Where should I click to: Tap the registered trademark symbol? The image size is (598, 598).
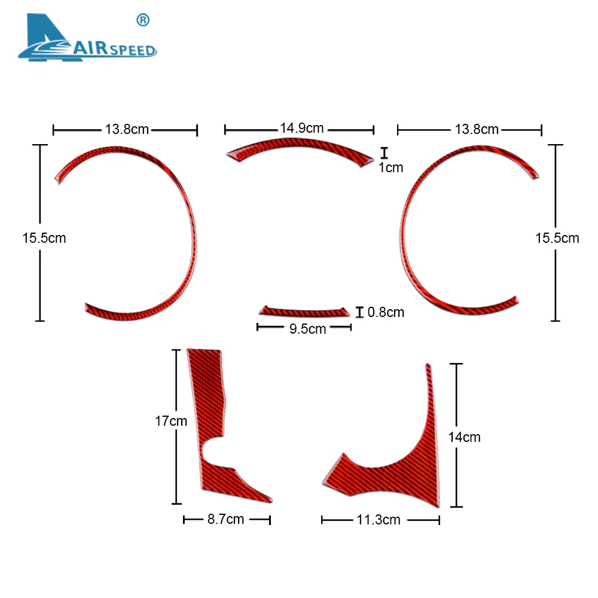tap(143, 20)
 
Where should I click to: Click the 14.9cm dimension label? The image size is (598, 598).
tap(301, 127)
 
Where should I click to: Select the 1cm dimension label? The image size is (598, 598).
tap(390, 168)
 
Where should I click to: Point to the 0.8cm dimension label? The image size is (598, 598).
tap(386, 312)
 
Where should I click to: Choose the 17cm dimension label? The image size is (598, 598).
tap(171, 421)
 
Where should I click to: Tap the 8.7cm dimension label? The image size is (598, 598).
tap(225, 519)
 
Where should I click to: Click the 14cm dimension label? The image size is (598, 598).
tap(464, 437)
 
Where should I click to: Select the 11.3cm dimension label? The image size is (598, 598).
tap(379, 520)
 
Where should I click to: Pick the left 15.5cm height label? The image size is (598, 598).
tap(44, 238)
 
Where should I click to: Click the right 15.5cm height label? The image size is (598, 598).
tap(557, 238)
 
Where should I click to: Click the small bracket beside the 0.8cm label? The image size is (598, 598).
tap(359, 312)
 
